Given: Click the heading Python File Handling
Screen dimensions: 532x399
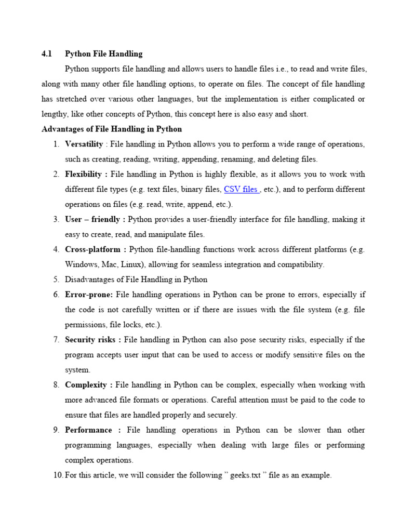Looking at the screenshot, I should [103, 54].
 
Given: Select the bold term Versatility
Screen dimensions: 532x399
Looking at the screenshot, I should [84, 144].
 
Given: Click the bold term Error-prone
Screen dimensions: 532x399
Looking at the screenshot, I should [88, 295].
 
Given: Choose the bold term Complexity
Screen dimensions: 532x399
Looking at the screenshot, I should [87, 385].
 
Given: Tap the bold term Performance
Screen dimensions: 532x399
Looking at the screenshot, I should [88, 430].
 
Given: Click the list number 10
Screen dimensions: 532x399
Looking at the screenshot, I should [57, 475].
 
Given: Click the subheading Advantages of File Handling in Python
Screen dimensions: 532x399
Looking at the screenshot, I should [112, 129].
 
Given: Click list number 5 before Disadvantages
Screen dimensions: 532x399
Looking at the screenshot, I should [56, 280].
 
